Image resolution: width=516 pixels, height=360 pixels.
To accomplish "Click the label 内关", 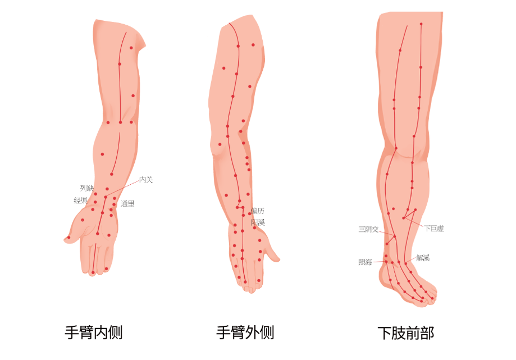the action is [146, 180].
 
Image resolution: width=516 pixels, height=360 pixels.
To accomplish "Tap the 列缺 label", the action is [87, 188].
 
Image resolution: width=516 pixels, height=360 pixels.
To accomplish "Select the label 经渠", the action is [80, 200].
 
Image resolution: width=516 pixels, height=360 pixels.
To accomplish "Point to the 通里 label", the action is [127, 204].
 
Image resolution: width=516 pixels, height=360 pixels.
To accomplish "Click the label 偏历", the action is [258, 211].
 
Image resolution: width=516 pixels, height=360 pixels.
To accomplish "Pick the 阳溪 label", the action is [258, 222].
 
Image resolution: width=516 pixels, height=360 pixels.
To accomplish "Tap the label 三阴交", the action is [369, 229].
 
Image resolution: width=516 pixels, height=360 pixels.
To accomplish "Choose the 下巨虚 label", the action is [433, 229].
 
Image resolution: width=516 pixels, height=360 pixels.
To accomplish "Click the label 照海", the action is [365, 262].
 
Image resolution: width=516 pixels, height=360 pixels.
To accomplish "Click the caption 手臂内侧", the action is [94, 332].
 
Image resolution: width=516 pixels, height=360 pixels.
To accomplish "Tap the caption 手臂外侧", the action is [245, 332].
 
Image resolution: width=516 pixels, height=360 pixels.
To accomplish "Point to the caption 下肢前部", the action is [406, 333].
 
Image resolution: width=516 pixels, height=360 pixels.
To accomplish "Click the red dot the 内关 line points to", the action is [105, 197].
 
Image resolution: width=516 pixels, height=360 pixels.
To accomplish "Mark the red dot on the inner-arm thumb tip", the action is [69, 238].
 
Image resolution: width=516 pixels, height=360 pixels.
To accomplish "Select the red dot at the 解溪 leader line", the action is [406, 263].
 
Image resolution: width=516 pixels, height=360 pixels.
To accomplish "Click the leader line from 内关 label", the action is [122, 189].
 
